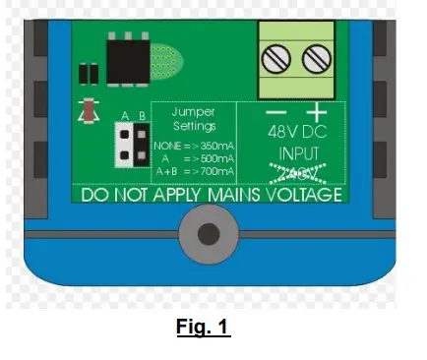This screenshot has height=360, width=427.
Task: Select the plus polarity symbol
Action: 316,110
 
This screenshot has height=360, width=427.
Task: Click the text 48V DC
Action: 292,131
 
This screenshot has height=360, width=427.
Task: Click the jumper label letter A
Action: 124,117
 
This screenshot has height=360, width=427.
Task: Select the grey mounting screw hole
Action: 208,234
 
